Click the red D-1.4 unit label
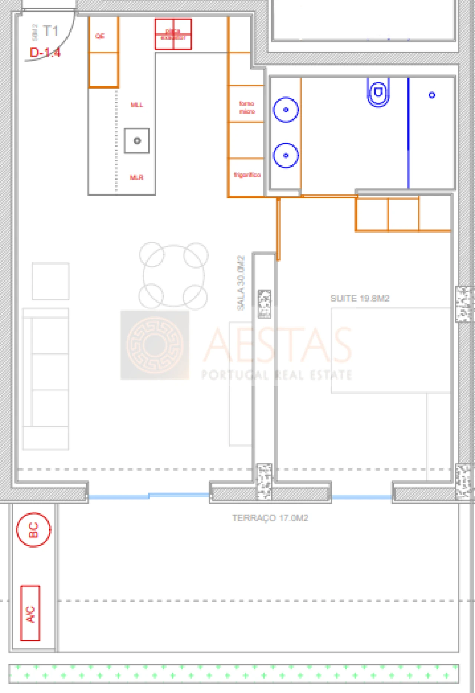coord(45,53)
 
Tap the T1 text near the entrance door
coord(50,31)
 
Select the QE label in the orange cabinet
coord(100,36)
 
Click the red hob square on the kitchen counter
coord(173,34)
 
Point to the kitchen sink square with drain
coord(137,141)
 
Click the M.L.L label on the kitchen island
coord(137,105)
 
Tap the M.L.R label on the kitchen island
coord(136,178)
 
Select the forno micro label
coord(247,107)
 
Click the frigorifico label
coord(247,175)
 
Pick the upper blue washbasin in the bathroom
coord(286,110)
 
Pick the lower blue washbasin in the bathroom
coord(286,155)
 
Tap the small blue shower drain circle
coord(432,95)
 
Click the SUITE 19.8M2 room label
coord(360,298)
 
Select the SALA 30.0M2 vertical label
coord(241,283)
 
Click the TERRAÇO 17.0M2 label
coord(270,518)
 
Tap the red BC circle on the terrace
coord(33,530)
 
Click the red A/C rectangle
coord(30,613)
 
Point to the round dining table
coord(174,276)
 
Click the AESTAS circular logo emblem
coord(155,345)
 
